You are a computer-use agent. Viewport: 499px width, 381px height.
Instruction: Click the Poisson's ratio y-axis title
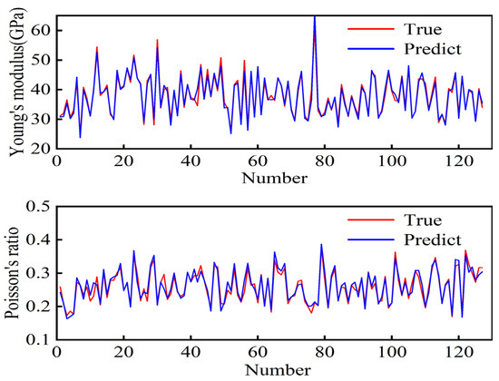12,273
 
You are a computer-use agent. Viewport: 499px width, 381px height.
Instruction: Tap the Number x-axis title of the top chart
275,178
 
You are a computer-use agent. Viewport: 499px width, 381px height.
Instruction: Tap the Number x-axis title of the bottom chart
278,370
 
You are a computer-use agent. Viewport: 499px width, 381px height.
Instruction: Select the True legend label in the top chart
423,30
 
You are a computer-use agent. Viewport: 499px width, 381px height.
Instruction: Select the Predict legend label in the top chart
433,49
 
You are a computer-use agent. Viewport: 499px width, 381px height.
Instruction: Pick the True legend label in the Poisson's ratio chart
423,220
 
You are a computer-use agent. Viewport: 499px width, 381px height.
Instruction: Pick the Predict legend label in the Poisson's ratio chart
433,239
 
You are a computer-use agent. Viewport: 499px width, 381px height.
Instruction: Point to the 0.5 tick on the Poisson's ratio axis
37,207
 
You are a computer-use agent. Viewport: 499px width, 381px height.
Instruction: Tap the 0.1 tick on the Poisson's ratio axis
37,339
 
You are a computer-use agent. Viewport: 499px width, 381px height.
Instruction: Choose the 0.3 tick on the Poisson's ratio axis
37,273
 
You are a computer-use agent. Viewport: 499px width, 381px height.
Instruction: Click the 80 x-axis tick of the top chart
325,161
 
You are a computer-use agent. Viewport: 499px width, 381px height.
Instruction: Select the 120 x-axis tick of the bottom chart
458,352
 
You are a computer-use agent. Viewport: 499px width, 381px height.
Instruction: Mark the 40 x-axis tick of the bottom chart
191,352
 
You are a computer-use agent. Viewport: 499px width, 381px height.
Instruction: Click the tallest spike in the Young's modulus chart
315,16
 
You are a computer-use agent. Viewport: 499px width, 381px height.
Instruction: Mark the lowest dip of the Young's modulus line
80,138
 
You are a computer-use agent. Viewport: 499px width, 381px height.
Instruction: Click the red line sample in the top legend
371,29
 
